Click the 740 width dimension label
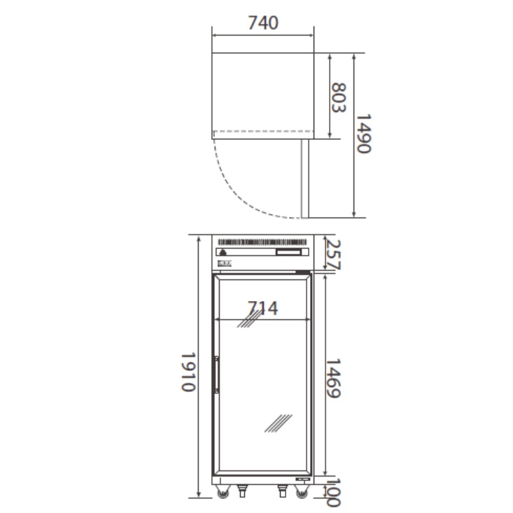[x=263, y=23]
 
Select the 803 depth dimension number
[x=339, y=97]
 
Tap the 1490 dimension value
[x=363, y=134]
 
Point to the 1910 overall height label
[x=188, y=372]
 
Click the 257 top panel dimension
[x=334, y=255]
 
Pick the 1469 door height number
[x=333, y=378]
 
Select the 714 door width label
[x=263, y=308]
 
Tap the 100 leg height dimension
[x=333, y=493]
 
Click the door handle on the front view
[x=216, y=374]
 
